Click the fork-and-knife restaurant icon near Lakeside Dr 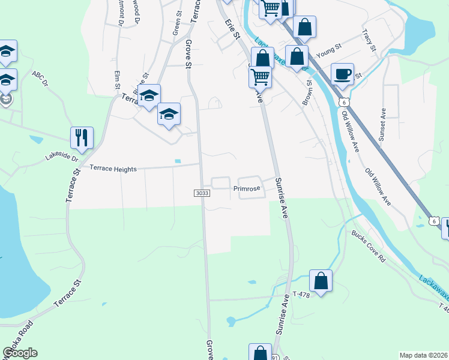point(82,137)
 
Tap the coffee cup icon point(342,74)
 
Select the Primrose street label point(247,188)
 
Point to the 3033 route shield point(202,193)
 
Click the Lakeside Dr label point(62,158)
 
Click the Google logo point(20,353)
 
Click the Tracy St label point(368,40)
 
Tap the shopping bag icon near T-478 point(321,281)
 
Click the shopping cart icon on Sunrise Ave point(260,76)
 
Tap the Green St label point(178,22)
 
